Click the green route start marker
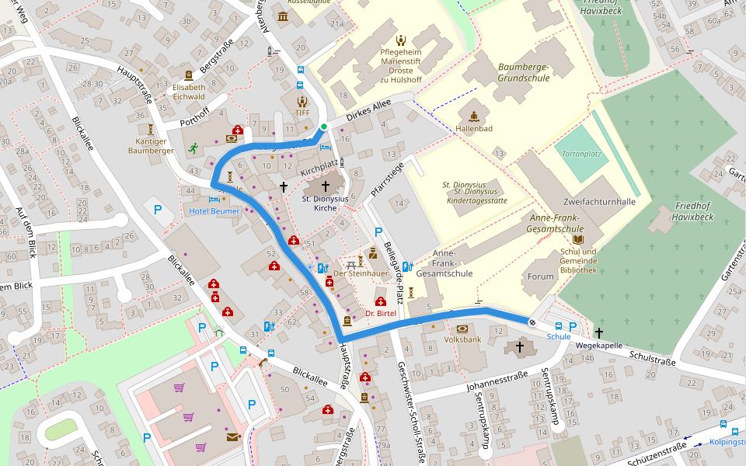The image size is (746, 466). [324, 127]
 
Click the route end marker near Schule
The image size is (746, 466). [532, 322]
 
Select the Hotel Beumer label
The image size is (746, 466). [214, 211]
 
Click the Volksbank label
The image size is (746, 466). [463, 340]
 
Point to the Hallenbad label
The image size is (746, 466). [474, 128]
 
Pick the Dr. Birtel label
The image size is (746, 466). [380, 313]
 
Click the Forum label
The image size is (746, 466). [541, 276]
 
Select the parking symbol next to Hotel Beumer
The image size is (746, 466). [159, 209]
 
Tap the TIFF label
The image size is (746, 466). [302, 113]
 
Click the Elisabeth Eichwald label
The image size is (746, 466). [189, 92]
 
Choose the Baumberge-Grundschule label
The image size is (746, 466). [523, 73]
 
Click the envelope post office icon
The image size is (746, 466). [232, 438]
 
